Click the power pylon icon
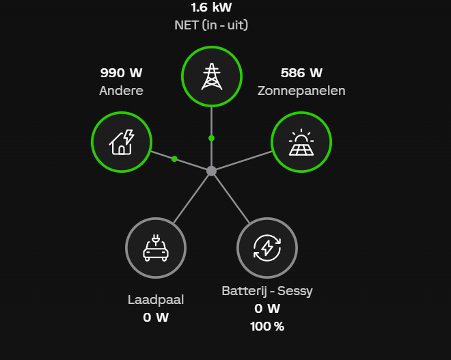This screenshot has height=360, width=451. pos(212,77)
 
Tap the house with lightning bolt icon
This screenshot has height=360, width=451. pos(122,142)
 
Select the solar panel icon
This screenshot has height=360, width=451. pos(301,142)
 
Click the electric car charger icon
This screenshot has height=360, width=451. pos(156,247)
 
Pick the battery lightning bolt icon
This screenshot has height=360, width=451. pos(267,247)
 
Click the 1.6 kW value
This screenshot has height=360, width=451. pos(212,8)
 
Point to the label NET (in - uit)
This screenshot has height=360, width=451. pos(212,26)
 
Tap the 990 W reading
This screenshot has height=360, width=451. pos(122,73)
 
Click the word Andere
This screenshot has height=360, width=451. pos(122,91)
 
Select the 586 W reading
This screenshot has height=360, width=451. pos(301,73)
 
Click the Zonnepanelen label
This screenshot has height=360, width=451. pos(301,91)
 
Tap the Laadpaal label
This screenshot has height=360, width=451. pos(156,299)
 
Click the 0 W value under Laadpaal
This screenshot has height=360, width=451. pos(156,317)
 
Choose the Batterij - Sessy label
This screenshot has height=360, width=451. pos(267,291)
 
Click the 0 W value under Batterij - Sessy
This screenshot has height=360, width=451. pos(267,309)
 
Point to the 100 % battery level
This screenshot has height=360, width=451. pos(267,327)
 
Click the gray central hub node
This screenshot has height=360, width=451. pos(212,171)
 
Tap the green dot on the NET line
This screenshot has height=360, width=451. pos(212,138)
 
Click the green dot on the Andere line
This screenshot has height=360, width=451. pos(174,159)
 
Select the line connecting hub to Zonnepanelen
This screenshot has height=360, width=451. pos(243,161)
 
